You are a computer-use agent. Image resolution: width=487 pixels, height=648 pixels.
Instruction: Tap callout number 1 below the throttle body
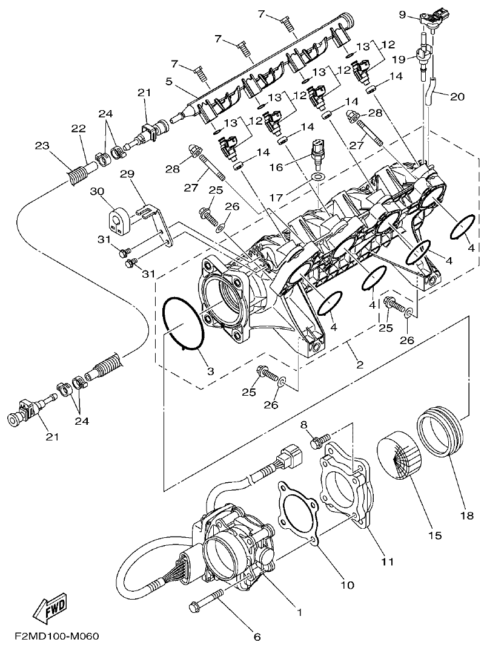(x=299, y=611)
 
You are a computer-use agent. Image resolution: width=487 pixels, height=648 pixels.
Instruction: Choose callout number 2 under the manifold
(x=359, y=364)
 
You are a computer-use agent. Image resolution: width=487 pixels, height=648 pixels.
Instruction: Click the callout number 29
(x=126, y=174)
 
